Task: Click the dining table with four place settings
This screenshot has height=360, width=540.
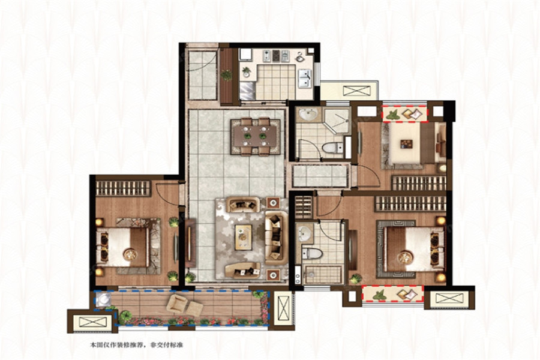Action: pyautogui.click(x=255, y=136)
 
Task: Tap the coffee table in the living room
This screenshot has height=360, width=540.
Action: pyautogui.click(x=244, y=237)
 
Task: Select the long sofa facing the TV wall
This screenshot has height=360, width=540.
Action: pyautogui.click(x=276, y=238)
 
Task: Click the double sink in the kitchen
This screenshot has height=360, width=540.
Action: pyautogui.click(x=304, y=79)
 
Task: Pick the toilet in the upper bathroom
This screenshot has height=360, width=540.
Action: pyautogui.click(x=332, y=148)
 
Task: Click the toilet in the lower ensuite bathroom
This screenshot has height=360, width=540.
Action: pyautogui.click(x=311, y=254)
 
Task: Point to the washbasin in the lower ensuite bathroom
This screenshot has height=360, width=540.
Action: pyautogui.click(x=305, y=233)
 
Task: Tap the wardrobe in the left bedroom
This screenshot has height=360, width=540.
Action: pyautogui.click(x=123, y=188)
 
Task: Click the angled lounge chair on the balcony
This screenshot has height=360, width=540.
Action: pyautogui.click(x=176, y=304)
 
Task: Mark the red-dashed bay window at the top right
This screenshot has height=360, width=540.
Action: pyautogui.click(x=404, y=113)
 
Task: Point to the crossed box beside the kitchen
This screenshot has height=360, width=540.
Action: pyautogui.click(x=356, y=91)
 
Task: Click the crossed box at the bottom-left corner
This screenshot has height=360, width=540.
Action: pyautogui.click(x=92, y=322)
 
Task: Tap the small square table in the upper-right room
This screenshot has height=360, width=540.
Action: pyautogui.click(x=406, y=143)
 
